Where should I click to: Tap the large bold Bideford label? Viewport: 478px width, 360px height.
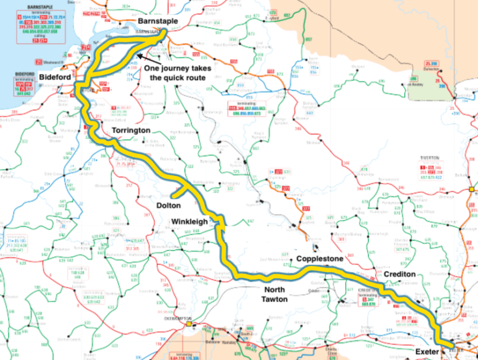(55, 77)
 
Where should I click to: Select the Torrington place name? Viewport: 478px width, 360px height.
(135, 131)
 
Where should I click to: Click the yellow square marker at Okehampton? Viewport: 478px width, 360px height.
(189, 323)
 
